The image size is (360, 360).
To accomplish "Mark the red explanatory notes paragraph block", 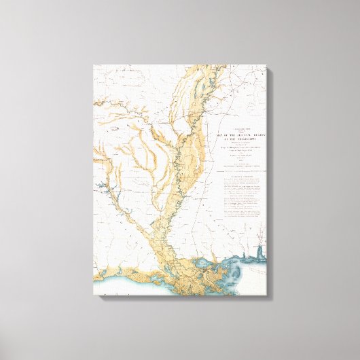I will (x=235, y=204).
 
